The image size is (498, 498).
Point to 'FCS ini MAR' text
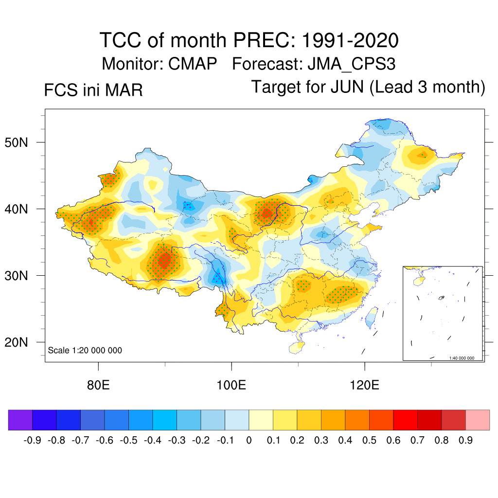93,90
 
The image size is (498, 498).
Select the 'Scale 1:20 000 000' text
85,351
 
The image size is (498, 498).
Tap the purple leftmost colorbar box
20,420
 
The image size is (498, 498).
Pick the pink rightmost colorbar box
478,420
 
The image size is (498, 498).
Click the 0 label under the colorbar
249,441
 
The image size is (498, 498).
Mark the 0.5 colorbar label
369,441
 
